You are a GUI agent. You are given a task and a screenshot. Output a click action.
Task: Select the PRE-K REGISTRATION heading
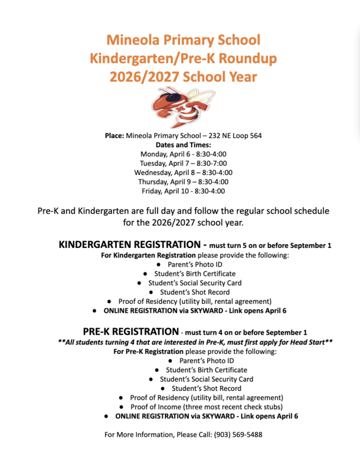131,332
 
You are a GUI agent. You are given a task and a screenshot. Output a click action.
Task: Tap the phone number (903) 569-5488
238,434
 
